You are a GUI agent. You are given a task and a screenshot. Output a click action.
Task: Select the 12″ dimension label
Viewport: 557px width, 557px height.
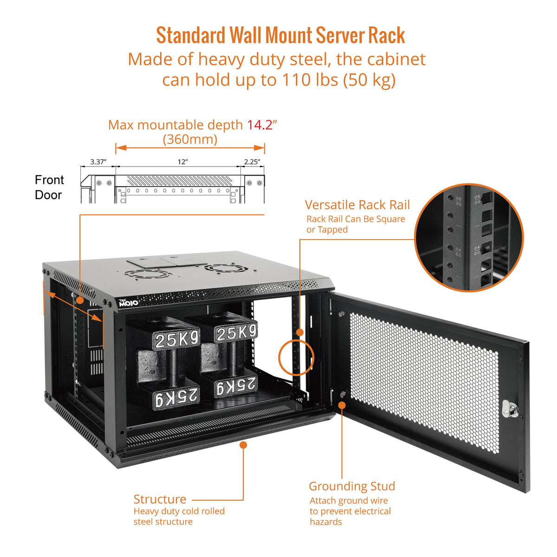[x=182, y=162]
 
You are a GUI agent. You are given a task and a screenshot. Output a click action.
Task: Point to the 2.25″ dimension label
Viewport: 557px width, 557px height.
[x=252, y=162]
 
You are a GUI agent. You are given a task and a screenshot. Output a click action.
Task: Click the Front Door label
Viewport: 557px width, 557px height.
[x=49, y=187]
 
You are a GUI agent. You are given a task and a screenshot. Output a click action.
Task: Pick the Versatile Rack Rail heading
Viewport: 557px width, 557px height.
[x=357, y=205]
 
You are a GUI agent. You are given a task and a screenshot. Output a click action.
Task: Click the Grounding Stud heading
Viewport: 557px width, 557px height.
[x=352, y=486]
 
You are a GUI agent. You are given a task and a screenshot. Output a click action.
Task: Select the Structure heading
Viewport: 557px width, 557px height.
[x=160, y=499]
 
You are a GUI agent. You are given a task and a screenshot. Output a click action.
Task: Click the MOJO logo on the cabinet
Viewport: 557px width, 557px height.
[x=128, y=303]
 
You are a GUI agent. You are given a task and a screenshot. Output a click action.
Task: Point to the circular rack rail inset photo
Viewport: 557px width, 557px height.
[x=469, y=237]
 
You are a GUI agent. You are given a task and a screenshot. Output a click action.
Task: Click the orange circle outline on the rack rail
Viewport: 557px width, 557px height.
[x=296, y=357]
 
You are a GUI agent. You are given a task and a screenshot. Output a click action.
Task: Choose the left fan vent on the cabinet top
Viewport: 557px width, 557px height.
[x=149, y=274]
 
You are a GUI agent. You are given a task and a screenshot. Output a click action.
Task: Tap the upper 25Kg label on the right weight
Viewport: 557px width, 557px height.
[x=236, y=332]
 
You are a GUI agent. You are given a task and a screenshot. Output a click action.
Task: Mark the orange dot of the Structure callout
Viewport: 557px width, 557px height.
[x=243, y=445]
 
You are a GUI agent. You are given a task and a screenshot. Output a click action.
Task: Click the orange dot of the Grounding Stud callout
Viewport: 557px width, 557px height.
[x=342, y=405]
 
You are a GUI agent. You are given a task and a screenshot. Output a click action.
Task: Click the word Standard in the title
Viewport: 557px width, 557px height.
[x=190, y=36]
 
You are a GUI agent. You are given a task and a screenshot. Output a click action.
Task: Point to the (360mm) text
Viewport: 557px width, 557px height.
[x=190, y=139]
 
